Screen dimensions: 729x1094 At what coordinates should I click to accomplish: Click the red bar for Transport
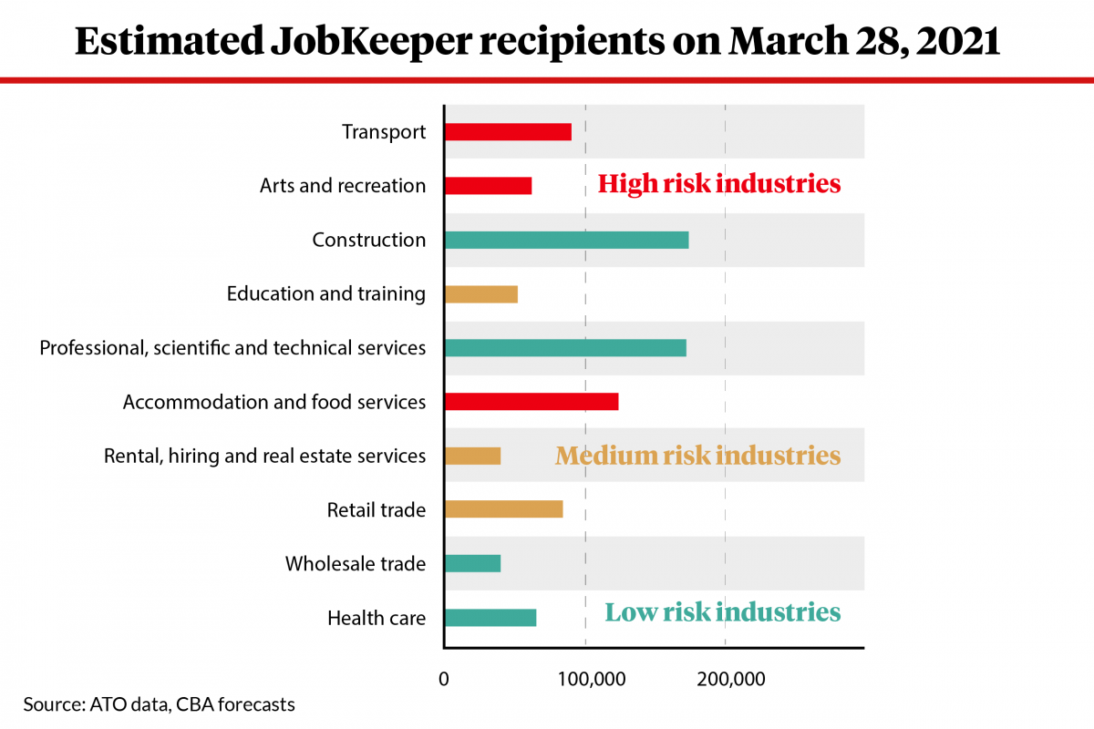[x=508, y=131]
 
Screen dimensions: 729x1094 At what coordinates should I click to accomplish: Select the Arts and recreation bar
[x=488, y=186]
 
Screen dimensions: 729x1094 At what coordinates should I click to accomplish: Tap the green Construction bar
[x=566, y=240]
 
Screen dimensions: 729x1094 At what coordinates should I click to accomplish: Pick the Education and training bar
[x=480, y=294]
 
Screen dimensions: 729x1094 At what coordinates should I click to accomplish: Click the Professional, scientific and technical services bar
[x=565, y=348]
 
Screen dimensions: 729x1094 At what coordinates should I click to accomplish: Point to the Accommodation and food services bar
[x=531, y=402]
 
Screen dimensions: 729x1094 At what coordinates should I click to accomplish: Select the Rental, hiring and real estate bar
[x=472, y=456]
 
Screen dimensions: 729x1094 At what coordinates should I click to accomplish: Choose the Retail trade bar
[x=503, y=509]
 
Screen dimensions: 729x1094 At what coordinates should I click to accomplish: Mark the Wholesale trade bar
[x=472, y=563]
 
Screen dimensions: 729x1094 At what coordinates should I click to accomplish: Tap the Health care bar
[x=490, y=618]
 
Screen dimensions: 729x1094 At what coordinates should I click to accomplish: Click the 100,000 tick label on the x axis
[x=585, y=679]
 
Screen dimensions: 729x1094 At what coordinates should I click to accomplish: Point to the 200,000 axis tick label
[x=726, y=679]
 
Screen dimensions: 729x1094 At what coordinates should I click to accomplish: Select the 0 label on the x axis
[x=444, y=679]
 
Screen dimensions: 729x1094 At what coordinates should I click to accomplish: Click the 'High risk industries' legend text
[x=718, y=184]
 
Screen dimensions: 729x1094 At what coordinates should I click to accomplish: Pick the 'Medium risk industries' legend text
[x=697, y=455]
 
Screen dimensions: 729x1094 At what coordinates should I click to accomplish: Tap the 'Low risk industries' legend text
[x=723, y=611]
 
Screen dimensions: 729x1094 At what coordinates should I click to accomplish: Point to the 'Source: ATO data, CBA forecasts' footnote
[x=160, y=704]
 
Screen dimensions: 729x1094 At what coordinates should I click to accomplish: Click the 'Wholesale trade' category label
[x=356, y=563]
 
